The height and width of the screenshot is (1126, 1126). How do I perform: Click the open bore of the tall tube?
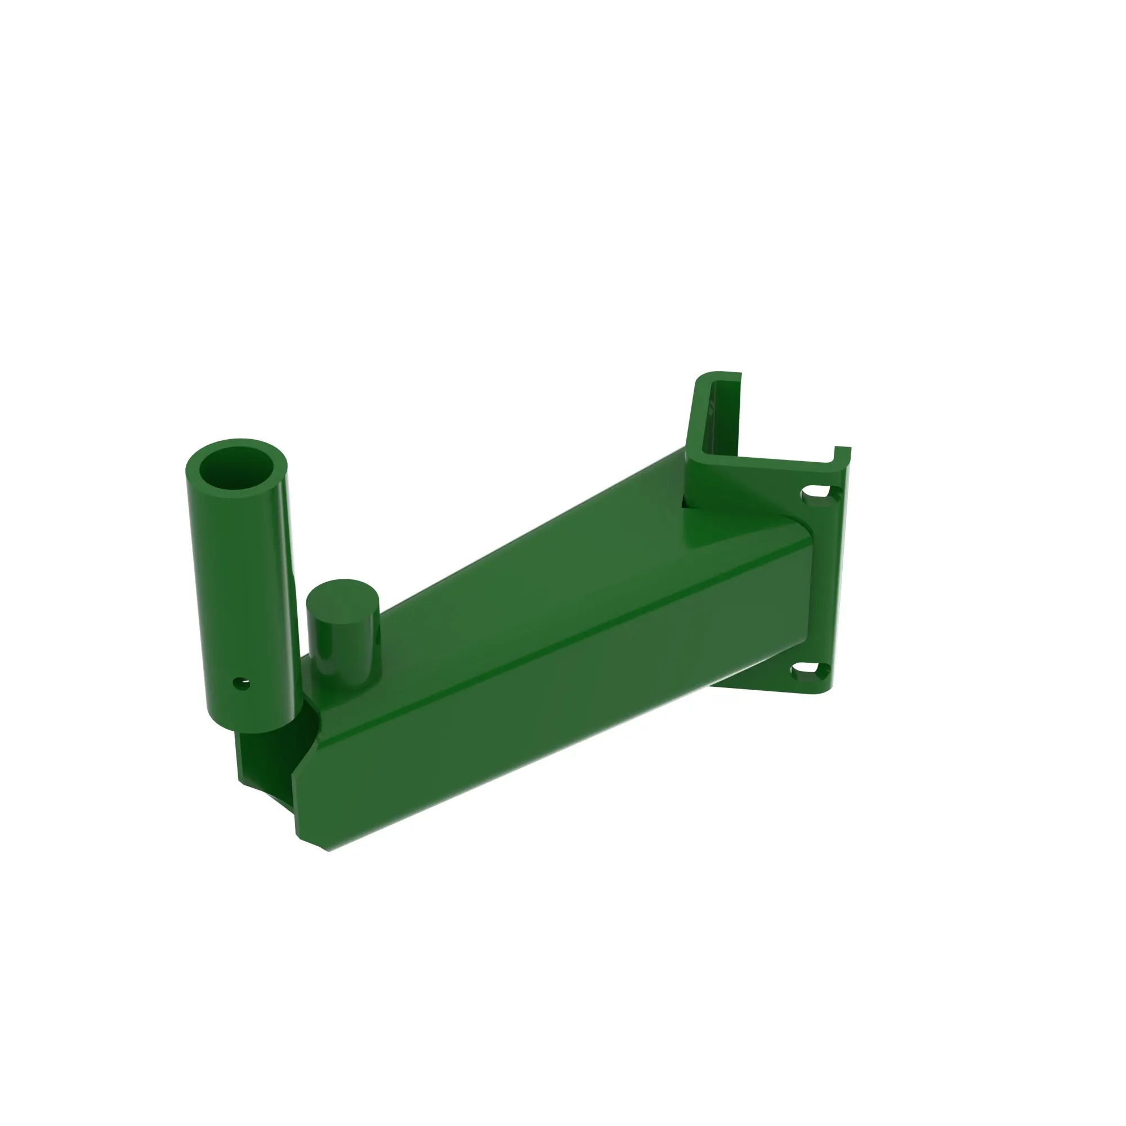point(236,469)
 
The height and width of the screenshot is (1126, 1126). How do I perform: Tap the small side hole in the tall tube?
point(241,683)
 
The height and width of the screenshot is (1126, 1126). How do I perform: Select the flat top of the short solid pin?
point(343,600)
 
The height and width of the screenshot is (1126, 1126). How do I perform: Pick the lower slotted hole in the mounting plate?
point(810,673)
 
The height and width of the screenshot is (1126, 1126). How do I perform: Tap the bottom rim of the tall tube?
point(256,729)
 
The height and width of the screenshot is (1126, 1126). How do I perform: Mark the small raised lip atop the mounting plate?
point(843,453)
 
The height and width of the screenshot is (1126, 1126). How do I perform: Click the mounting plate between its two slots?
point(822,583)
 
